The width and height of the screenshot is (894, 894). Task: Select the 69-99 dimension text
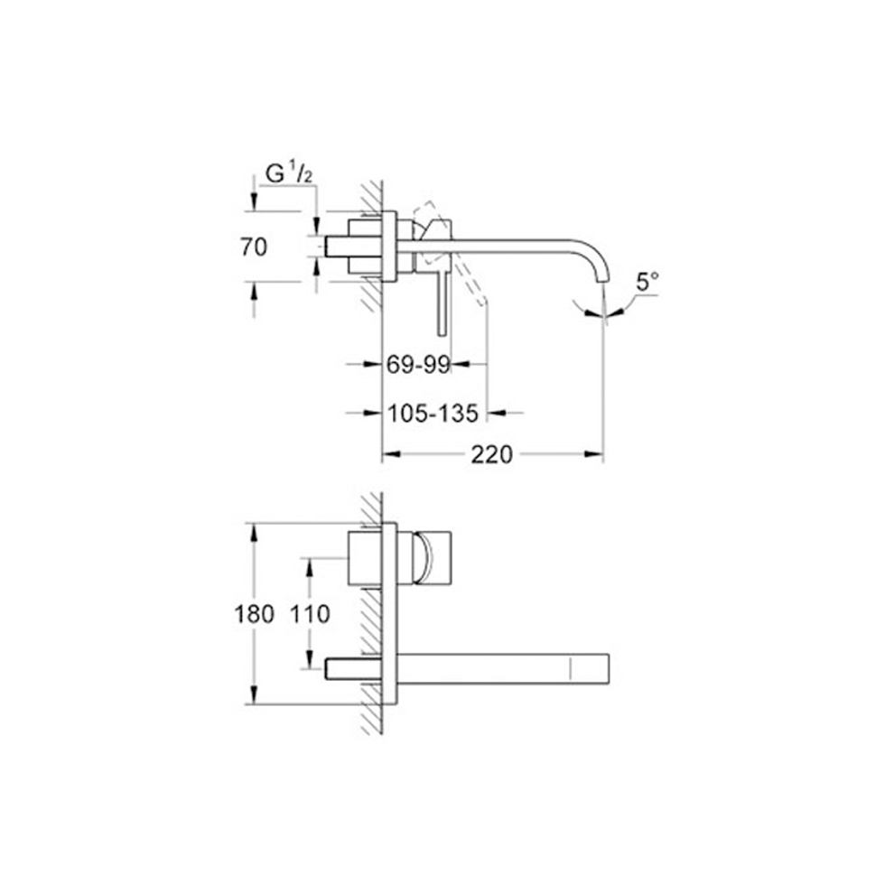pyautogui.click(x=417, y=365)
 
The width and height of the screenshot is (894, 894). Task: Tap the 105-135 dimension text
pyautogui.click(x=432, y=414)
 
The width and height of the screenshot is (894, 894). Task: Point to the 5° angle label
pyautogui.click(x=647, y=283)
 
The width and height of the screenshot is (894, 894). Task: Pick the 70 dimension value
pyautogui.click(x=254, y=247)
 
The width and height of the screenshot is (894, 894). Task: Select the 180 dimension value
pyautogui.click(x=254, y=614)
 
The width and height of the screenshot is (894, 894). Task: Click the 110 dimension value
pyautogui.click(x=311, y=614)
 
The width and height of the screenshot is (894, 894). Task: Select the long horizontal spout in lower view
pyautogui.click(x=506, y=668)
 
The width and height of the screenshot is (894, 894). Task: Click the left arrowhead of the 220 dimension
pyautogui.click(x=389, y=455)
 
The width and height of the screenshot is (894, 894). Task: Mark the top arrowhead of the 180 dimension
pyautogui.click(x=254, y=532)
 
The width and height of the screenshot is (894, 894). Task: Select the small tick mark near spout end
pyautogui.click(x=571, y=668)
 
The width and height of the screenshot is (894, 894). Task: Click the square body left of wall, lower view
pyautogui.click(x=365, y=557)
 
